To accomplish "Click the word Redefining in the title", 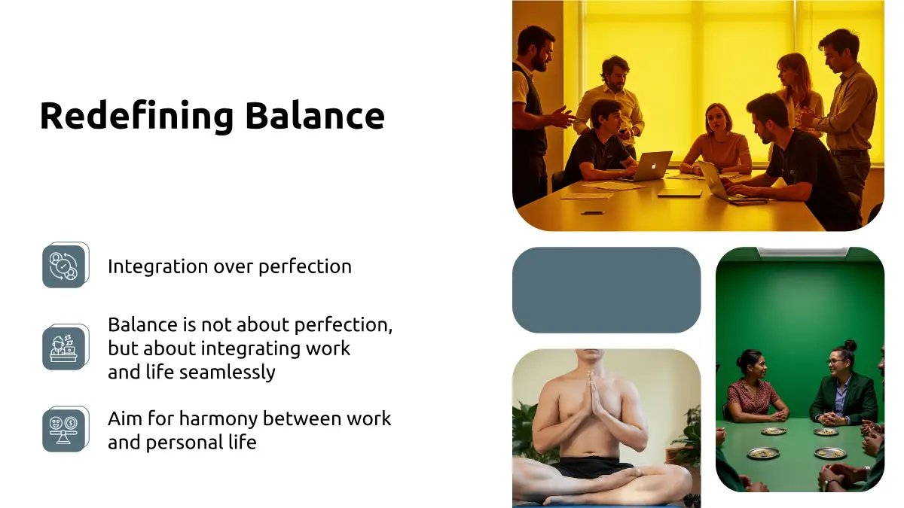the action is tap(136, 116).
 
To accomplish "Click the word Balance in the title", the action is tap(315, 115).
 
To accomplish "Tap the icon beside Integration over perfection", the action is tap(66, 265).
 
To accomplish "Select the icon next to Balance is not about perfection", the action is tap(66, 347).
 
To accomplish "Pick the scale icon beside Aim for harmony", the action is tap(66, 429).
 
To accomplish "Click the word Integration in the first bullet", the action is tap(157, 267).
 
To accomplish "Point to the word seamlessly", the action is tap(228, 372).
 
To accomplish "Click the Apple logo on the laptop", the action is tap(653, 165).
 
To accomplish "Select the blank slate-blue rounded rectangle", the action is tap(606, 290).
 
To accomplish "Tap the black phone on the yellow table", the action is tap(593, 212).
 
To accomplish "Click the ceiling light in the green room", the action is tap(803, 251).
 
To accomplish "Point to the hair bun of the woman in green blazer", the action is tap(850, 345).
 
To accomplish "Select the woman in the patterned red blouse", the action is tap(753, 387).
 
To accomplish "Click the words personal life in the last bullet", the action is tap(201, 443).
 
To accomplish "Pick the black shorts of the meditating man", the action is tap(594, 467).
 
